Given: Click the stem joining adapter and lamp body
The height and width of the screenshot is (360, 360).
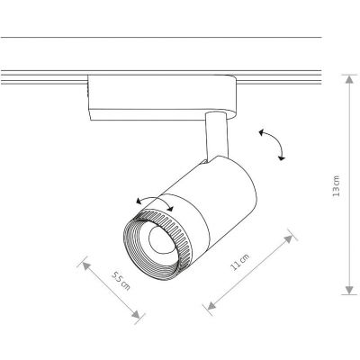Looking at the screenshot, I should click(214, 134).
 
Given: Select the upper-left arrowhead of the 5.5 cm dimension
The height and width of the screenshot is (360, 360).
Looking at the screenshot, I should click(84, 262).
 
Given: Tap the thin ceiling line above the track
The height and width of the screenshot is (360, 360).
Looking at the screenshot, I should click(162, 38).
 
